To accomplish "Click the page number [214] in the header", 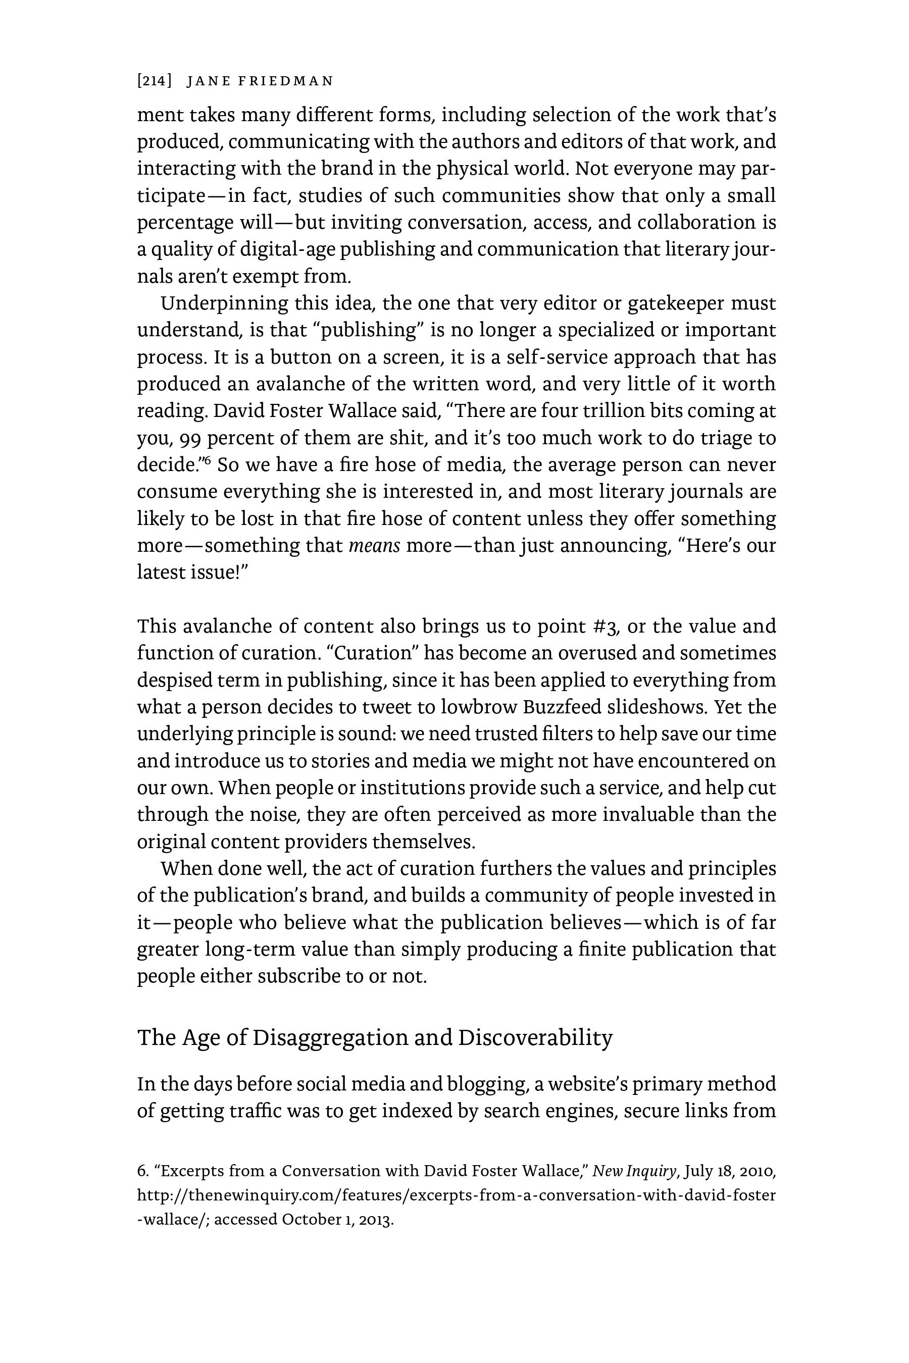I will click(154, 81).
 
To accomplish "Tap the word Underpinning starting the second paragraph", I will click(224, 303).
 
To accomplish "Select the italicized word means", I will click(374, 546).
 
